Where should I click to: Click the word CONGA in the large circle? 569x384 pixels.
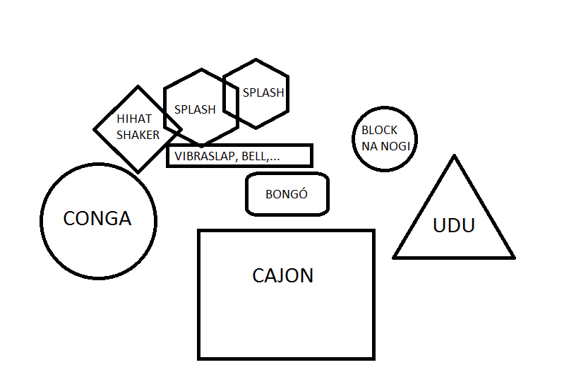tap(97, 219)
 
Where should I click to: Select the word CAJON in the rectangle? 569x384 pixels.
tap(282, 275)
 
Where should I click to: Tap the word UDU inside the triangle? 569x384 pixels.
tap(453, 226)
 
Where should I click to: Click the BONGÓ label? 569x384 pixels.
tap(287, 194)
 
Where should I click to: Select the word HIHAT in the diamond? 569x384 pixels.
tap(134, 119)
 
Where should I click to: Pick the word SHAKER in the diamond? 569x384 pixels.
tap(138, 134)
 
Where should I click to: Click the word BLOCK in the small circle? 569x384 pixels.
tap(380, 131)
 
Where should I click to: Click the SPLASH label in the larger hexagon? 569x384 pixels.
tap(195, 109)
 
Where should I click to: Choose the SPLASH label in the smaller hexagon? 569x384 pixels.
tap(263, 92)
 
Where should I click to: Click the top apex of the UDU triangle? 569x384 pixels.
tap(454, 156)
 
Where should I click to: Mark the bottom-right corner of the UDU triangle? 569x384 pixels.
tap(513, 257)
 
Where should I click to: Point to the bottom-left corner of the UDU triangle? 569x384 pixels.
tap(395, 257)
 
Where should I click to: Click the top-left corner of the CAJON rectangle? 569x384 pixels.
tap(199, 231)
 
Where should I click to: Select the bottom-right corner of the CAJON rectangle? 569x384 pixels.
tap(373, 358)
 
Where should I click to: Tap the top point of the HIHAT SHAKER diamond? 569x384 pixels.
tap(138, 87)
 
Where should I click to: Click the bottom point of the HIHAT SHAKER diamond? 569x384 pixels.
tap(138, 172)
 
